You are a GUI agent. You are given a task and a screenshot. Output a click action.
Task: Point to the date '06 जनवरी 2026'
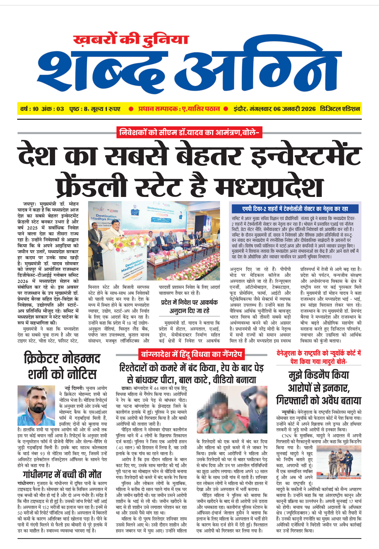295,109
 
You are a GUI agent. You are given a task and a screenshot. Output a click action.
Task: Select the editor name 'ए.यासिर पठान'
201,109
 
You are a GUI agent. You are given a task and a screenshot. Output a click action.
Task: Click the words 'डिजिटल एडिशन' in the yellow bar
340,109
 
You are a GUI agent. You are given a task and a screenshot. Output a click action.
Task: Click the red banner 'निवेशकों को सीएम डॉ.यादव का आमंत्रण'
189,133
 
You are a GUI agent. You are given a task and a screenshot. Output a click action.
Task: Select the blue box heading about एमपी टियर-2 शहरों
295,209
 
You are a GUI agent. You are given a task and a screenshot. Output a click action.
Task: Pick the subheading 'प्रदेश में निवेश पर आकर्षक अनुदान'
189,306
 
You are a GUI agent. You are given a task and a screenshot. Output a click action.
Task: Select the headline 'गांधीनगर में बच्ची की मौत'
62,475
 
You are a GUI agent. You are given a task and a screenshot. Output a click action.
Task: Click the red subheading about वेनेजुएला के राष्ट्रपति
319,357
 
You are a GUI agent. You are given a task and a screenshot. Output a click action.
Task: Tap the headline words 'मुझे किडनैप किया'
319,375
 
